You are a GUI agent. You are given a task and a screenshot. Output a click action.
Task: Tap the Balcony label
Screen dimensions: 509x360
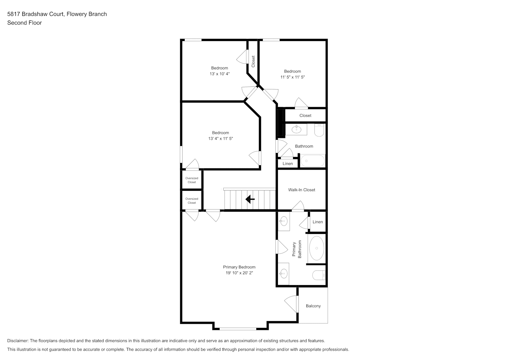[x=313, y=306]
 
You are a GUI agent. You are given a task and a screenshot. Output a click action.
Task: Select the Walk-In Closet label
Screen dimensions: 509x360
[x=302, y=190]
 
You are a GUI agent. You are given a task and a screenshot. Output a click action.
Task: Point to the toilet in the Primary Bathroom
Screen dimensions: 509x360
[x=319, y=275]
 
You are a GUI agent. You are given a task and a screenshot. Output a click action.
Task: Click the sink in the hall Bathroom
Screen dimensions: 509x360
[x=296, y=130]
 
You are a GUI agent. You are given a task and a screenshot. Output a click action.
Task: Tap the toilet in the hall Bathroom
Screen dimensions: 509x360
[x=319, y=130]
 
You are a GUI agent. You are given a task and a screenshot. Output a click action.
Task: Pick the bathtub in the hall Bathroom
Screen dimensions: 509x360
[x=313, y=161]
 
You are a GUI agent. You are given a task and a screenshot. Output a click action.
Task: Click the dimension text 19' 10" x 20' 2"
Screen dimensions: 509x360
[x=239, y=273]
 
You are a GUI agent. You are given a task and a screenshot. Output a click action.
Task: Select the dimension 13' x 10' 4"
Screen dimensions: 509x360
[x=220, y=74]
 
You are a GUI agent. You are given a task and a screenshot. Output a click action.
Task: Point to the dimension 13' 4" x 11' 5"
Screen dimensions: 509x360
[x=221, y=138]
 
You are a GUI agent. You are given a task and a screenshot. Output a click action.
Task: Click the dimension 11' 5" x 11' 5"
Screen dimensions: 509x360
[x=292, y=77]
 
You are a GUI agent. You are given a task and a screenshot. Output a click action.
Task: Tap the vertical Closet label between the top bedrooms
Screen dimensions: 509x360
[x=253, y=61]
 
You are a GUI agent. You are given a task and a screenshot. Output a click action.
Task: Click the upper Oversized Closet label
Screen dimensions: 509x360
[x=192, y=180]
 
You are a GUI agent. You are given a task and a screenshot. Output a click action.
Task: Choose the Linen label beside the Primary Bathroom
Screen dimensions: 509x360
[x=317, y=222]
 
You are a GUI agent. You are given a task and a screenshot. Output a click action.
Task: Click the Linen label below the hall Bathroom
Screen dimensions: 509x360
[x=288, y=164]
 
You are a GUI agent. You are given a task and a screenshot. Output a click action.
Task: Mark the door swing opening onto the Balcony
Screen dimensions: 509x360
[x=291, y=304]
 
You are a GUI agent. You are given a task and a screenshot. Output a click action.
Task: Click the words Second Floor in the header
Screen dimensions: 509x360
[x=24, y=23]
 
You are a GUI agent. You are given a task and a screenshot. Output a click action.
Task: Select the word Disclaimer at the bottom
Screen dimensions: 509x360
[x=18, y=341]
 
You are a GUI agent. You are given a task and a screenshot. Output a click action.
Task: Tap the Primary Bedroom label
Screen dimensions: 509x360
[x=239, y=267]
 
